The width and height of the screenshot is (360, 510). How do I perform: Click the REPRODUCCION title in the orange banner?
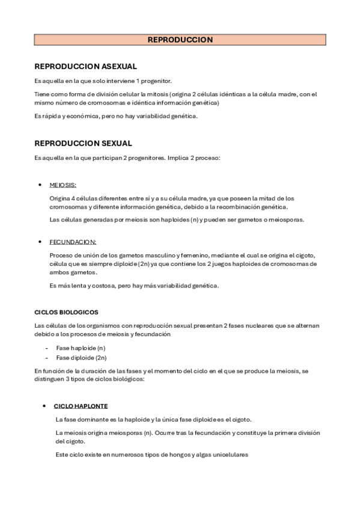tap(180, 40)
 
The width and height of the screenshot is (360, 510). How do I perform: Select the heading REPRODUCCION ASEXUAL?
tap(85, 66)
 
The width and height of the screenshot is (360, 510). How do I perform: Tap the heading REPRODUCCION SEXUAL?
tap(83, 143)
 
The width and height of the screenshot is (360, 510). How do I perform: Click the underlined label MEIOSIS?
tap(63, 185)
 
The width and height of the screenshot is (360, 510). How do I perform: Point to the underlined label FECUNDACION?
tap(73, 242)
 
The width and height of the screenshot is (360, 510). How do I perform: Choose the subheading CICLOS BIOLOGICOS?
tap(66, 312)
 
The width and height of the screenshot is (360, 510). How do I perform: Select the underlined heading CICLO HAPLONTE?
tap(81, 406)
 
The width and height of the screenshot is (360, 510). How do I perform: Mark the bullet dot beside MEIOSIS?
tap(40, 185)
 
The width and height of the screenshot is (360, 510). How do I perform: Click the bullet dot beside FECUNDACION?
tap(40, 242)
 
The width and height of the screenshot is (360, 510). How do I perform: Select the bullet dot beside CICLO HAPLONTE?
tap(44, 406)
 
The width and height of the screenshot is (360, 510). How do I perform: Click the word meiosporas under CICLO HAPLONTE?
tap(118, 433)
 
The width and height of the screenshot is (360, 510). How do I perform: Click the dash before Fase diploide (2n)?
tap(47, 357)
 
